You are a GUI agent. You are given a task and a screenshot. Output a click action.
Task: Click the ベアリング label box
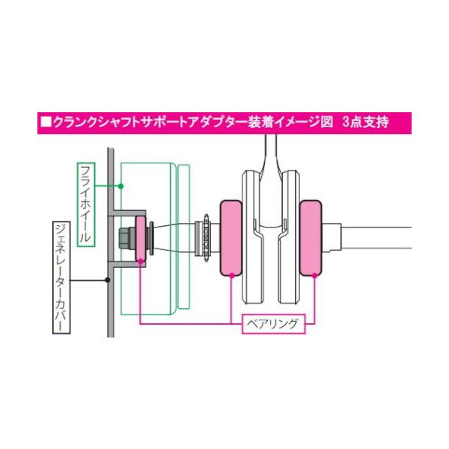coord(274,324)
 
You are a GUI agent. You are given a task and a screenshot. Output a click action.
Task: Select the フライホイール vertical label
coord(86,204)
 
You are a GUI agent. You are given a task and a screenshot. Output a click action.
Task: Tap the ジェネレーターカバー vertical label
coord(61,278)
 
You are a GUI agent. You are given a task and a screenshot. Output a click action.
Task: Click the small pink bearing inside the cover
coord(141,238)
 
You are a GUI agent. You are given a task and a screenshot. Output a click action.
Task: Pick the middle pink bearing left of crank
coord(230,238)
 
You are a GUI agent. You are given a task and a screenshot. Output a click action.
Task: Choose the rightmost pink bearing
coord(311,238)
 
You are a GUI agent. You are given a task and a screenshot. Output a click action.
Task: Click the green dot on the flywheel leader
coord(120,186)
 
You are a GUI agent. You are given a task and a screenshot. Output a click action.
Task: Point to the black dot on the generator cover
coord(107,280)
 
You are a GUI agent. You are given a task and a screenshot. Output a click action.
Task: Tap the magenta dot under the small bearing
coord(141,261)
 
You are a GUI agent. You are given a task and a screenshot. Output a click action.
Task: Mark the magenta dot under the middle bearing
coord(232,275)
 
